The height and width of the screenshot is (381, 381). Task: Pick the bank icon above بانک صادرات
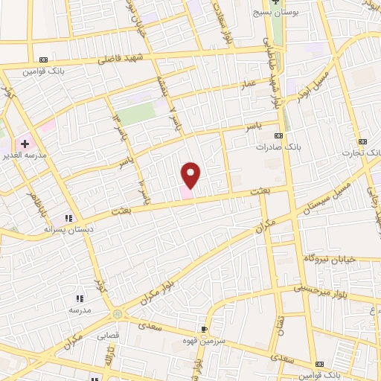[x=279, y=135]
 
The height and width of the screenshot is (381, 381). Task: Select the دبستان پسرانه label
[x=68, y=230]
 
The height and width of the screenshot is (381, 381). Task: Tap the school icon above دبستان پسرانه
[x=68, y=218]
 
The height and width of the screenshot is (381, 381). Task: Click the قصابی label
[x=107, y=336]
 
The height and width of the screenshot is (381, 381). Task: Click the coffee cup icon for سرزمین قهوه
[x=205, y=328]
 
